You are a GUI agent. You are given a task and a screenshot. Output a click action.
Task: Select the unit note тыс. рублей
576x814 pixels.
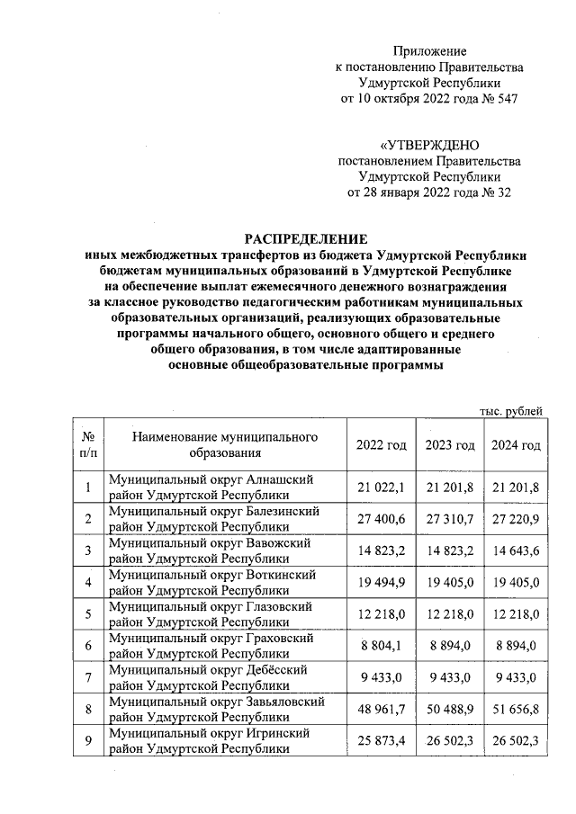[511, 411]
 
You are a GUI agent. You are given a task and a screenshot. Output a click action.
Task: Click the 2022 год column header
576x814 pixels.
[381, 445]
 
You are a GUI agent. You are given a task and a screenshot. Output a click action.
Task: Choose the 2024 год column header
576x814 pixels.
[516, 445]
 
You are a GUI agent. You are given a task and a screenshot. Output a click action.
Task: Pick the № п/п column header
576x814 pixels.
[88, 445]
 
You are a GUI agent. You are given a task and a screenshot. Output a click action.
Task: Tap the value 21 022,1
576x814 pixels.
[381, 488]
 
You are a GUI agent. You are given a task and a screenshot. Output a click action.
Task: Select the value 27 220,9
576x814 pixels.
[516, 519]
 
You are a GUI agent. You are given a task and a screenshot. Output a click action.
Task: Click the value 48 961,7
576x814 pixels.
[381, 710]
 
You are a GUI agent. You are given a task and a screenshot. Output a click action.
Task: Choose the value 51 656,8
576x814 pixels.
[516, 710]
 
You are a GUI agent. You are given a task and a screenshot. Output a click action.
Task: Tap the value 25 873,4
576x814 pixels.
[381, 741]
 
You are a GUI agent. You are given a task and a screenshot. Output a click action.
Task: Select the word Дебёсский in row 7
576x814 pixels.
[276, 670]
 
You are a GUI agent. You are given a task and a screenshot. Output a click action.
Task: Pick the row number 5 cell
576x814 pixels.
[88, 614]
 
